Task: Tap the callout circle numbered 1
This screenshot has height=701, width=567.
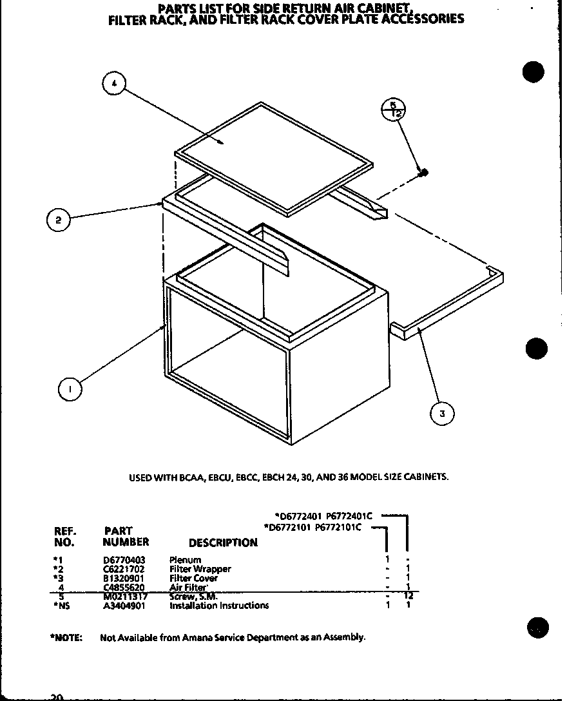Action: click(70, 389)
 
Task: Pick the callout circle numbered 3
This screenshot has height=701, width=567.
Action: click(442, 414)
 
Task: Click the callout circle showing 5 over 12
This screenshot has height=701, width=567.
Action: click(392, 110)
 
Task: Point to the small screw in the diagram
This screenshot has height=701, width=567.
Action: click(423, 172)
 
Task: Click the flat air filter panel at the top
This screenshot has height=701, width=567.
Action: click(274, 158)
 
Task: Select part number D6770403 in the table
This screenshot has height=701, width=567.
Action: click(124, 560)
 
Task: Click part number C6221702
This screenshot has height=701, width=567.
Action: click(124, 569)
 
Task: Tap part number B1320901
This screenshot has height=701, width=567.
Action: click(124, 578)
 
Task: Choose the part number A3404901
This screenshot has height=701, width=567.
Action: click(124, 606)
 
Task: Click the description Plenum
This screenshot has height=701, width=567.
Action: click(185, 560)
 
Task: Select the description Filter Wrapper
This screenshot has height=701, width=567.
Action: click(200, 569)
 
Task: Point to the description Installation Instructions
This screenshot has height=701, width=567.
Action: click(219, 606)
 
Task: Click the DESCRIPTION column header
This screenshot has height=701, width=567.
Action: click(223, 543)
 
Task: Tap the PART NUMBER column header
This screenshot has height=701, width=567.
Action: click(126, 537)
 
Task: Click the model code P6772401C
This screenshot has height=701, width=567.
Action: click(349, 515)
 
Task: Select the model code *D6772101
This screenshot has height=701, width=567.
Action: click(288, 527)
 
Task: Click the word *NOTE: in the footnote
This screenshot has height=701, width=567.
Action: click(67, 637)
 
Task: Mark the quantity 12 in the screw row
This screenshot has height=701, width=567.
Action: click(407, 596)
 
